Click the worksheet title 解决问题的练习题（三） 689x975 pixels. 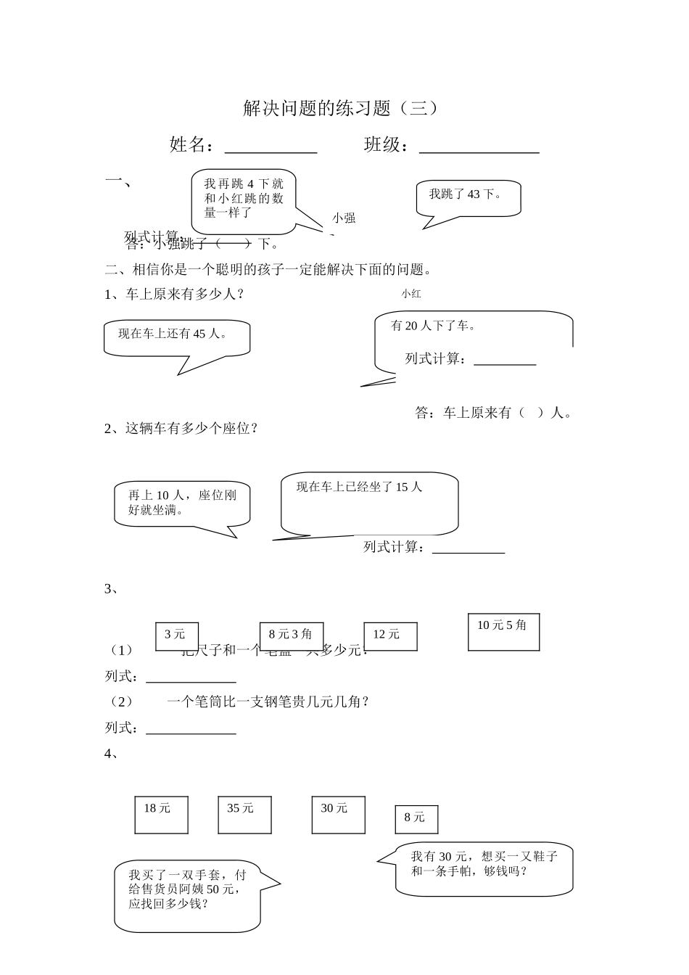[x=341, y=109]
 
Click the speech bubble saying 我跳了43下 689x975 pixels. [x=469, y=196]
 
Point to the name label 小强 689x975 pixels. [x=344, y=218]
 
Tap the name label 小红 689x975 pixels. [x=410, y=294]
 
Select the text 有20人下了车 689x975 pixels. [x=433, y=326]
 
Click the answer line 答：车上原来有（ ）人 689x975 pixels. [x=493, y=413]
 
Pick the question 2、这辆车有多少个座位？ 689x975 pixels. [x=181, y=429]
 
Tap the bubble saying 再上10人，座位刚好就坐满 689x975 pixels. [x=182, y=503]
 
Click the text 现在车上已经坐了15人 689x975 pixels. [x=360, y=487]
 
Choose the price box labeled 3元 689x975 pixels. [x=176, y=635]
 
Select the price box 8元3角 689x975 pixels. [x=291, y=635]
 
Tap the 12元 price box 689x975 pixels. [x=389, y=635]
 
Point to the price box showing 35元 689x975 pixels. [x=244, y=813]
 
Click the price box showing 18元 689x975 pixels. [x=161, y=813]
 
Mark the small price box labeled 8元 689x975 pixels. [x=416, y=819]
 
